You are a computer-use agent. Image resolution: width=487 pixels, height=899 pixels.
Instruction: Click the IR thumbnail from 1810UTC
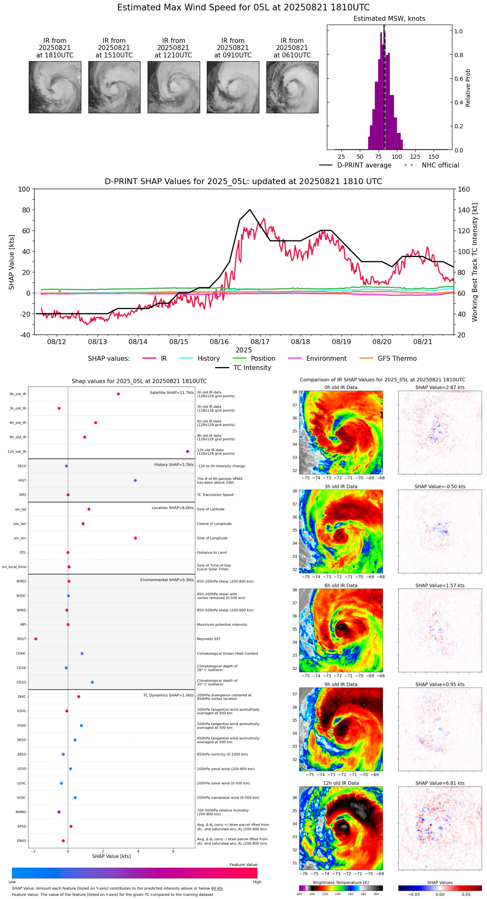[55, 87]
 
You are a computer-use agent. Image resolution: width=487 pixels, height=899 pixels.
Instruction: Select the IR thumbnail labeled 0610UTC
[292, 87]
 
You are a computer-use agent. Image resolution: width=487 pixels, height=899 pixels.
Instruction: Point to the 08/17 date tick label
[260, 342]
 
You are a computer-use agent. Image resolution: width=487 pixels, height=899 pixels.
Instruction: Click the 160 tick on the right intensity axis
[464, 190]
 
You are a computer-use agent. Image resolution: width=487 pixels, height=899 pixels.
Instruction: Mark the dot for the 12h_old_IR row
[188, 452]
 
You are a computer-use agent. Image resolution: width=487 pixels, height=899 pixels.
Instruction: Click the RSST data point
[36, 639]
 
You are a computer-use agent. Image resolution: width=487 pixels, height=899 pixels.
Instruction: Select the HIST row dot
[135, 480]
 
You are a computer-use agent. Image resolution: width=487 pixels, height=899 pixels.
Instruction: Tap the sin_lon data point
[136, 538]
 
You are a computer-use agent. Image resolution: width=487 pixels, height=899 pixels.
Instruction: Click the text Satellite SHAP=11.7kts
[172, 393]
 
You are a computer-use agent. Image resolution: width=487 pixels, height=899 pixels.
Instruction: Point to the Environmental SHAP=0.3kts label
[167, 580]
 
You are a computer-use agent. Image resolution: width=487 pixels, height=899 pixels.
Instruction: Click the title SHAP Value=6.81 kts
[440, 783]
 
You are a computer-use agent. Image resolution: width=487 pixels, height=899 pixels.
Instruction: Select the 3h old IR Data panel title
[341, 487]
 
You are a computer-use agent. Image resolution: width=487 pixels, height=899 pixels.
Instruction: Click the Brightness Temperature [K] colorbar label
[341, 882]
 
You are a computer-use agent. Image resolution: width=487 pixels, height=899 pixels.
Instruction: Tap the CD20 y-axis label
[21, 682]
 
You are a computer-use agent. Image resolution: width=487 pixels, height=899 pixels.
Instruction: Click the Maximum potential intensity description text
[222, 624]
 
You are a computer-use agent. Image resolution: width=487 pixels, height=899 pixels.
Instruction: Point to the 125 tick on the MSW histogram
[415, 157]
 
